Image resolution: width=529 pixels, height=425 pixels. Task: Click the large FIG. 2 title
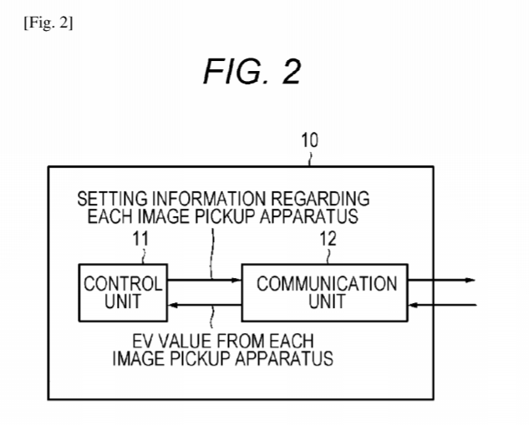(252, 73)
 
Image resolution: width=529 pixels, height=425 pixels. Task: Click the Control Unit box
(122, 291)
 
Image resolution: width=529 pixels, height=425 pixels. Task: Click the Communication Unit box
(326, 291)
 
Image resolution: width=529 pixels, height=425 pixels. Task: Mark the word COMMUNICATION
(326, 283)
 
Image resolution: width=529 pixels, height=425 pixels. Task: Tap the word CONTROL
(122, 283)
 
